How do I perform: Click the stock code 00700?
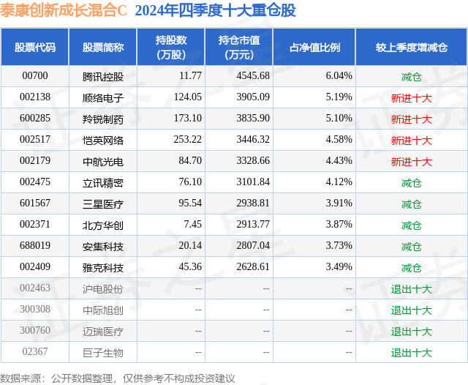click(35, 76)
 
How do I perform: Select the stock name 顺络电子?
click(103, 97)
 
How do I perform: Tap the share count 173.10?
click(188, 119)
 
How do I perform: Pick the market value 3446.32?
click(253, 140)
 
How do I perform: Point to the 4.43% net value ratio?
click(339, 161)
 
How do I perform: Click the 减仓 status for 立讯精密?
click(411, 182)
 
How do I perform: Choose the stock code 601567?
click(35, 203)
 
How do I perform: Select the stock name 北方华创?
click(103, 225)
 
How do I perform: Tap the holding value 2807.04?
click(253, 245)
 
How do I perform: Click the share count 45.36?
click(190, 266)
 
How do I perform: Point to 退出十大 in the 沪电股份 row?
click(411, 289)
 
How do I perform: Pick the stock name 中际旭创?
click(103, 310)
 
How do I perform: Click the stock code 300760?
click(35, 330)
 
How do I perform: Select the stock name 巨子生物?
click(103, 353)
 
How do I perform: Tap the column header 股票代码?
click(35, 47)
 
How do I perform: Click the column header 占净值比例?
click(314, 47)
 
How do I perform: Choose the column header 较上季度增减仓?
click(412, 47)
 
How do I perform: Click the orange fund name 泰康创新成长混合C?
click(64, 10)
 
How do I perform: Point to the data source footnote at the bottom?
click(117, 378)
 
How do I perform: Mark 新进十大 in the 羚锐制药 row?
click(411, 119)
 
